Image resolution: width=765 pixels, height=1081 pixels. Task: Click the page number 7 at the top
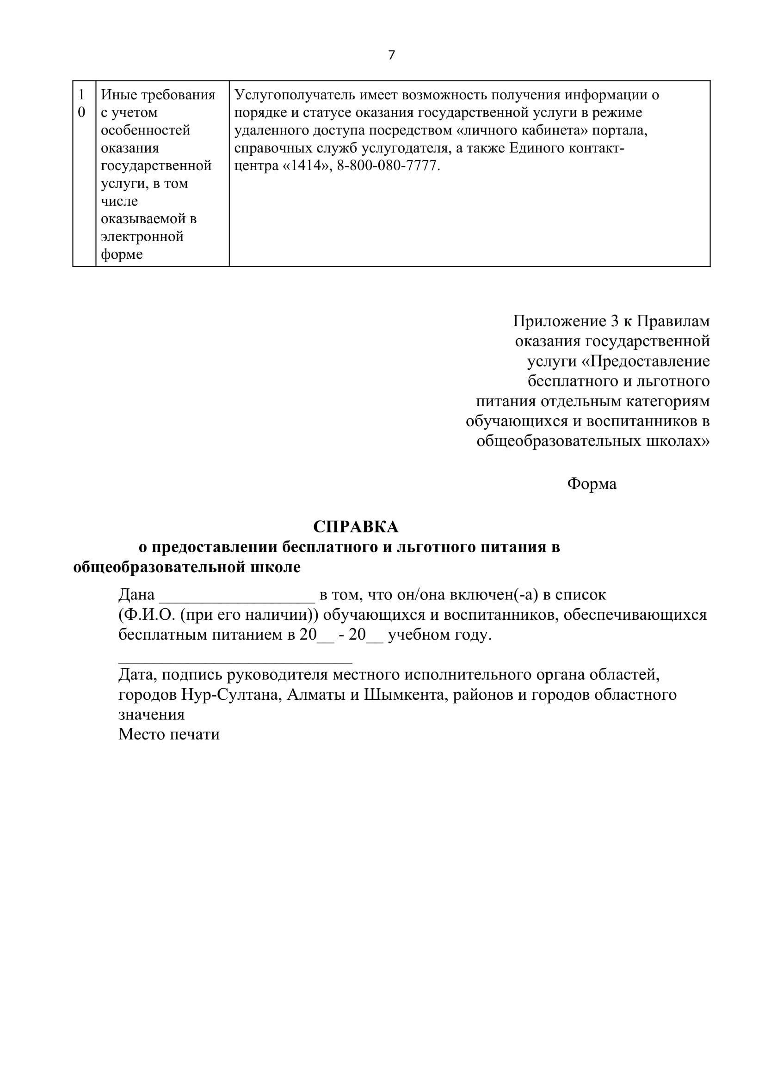click(391, 55)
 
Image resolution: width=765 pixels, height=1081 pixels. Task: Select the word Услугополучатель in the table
click(295, 95)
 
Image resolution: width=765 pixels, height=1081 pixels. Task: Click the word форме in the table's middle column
click(122, 254)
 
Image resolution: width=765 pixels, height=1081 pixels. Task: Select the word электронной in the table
click(142, 236)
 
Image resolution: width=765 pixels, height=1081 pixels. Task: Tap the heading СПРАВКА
click(356, 527)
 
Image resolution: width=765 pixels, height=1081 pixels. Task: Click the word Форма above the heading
click(592, 483)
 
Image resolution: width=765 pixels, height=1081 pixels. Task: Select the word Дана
click(136, 595)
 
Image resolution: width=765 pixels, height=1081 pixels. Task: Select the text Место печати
click(169, 734)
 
